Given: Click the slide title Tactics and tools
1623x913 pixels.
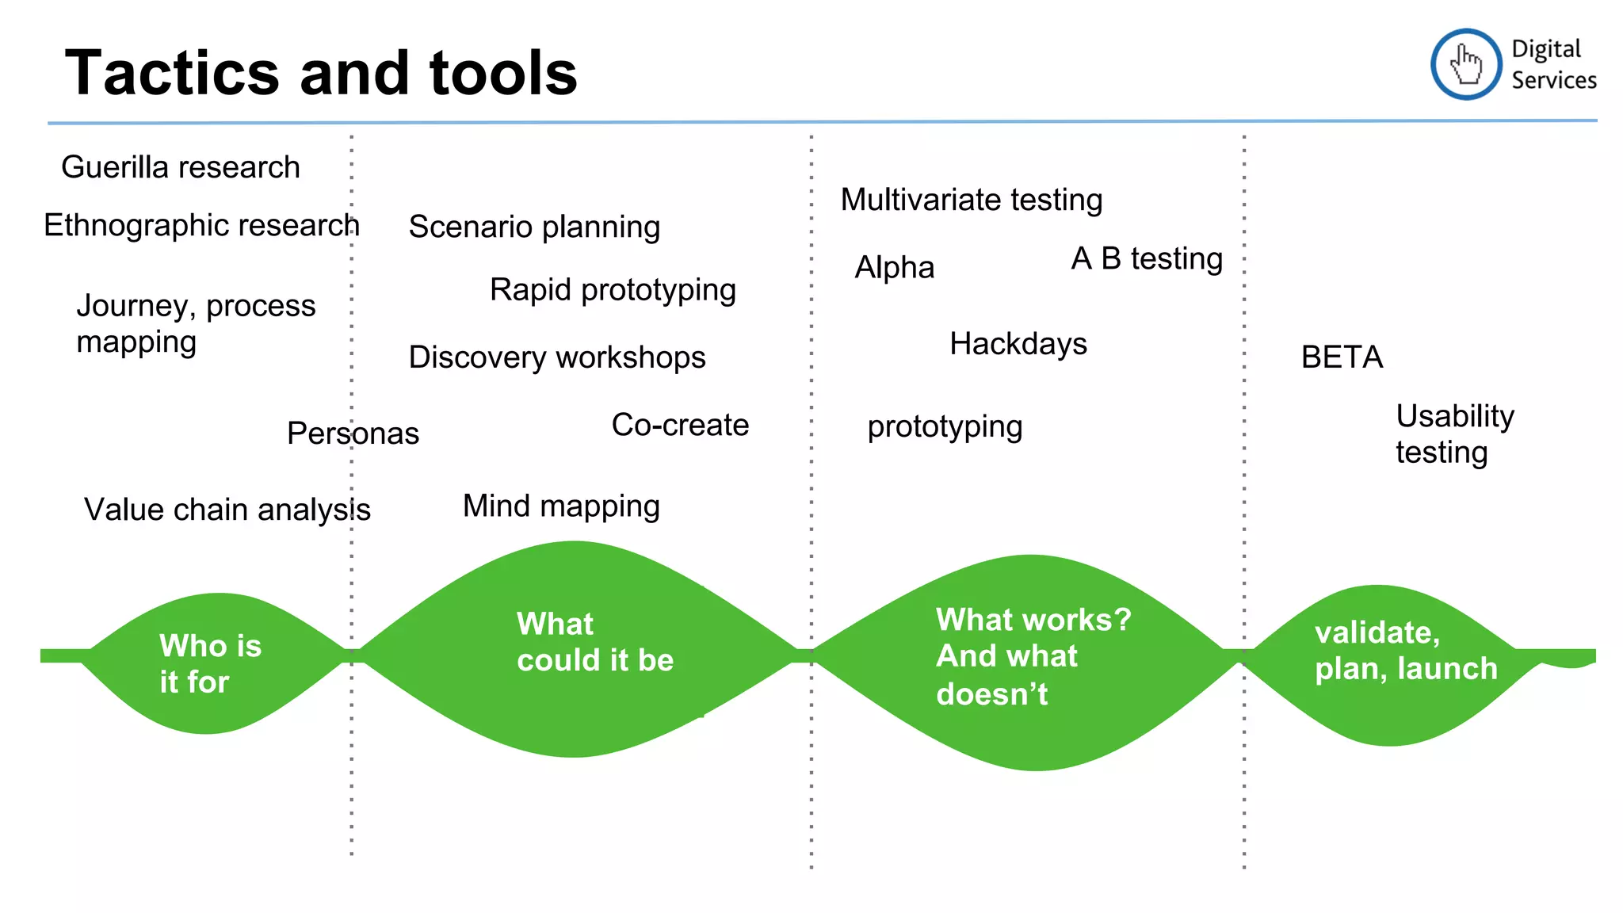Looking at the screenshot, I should tap(321, 73).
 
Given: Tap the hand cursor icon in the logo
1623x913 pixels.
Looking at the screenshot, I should tap(1465, 64).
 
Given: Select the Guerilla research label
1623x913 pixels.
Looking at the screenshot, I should tap(181, 167).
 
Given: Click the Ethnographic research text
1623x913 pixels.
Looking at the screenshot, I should tap(201, 225).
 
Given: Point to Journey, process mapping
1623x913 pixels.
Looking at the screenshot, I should tap(195, 323).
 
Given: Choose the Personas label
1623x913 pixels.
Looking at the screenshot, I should tap(353, 434).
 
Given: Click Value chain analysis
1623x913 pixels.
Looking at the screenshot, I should tap(227, 510).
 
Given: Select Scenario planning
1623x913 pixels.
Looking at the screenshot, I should tap(534, 227).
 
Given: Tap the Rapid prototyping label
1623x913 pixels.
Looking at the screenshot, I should tap(613, 290).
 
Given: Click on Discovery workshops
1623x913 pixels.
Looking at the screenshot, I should tap(556, 357).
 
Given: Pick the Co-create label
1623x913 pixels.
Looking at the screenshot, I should tap(680, 425).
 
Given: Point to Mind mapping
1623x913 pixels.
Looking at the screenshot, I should tap(561, 506).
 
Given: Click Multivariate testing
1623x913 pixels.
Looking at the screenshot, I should tap(972, 200).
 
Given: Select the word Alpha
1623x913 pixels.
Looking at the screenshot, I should tap(894, 268).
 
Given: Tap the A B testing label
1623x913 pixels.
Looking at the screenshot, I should tap(1147, 259).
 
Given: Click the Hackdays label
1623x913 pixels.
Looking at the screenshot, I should tap(1018, 344).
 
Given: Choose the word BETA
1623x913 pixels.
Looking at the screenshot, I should tap(1342, 357).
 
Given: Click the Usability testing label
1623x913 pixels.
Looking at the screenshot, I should tap(1454, 434).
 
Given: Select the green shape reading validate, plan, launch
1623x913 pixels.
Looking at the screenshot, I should tap(1395, 666).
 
